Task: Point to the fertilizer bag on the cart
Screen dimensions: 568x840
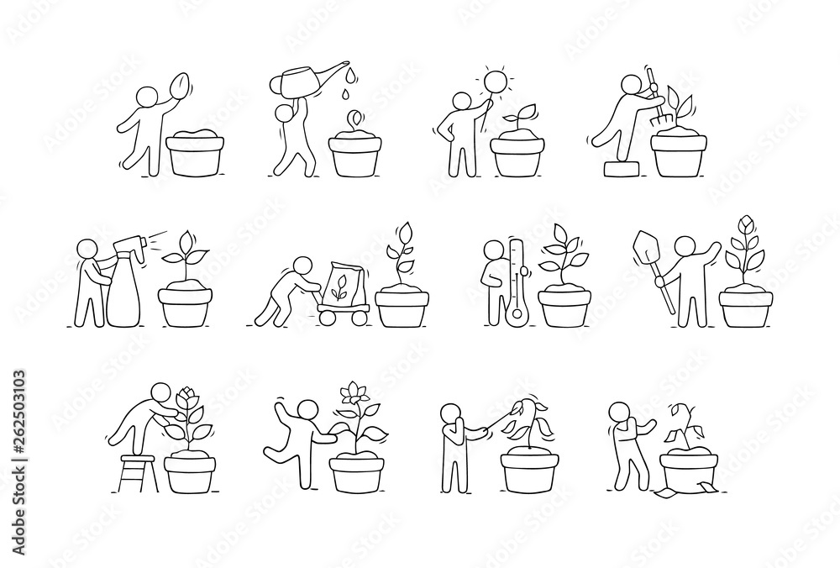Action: pyautogui.click(x=340, y=281)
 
